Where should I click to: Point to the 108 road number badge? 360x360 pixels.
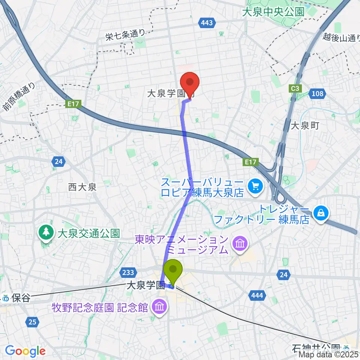317,94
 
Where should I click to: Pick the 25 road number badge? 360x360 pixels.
33,321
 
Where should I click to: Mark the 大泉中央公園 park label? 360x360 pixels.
273,12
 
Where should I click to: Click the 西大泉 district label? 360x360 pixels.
82,187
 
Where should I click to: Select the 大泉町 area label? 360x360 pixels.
305,126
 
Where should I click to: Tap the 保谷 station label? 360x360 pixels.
20,298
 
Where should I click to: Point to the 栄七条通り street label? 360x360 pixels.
124,35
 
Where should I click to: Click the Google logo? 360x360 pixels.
25,351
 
